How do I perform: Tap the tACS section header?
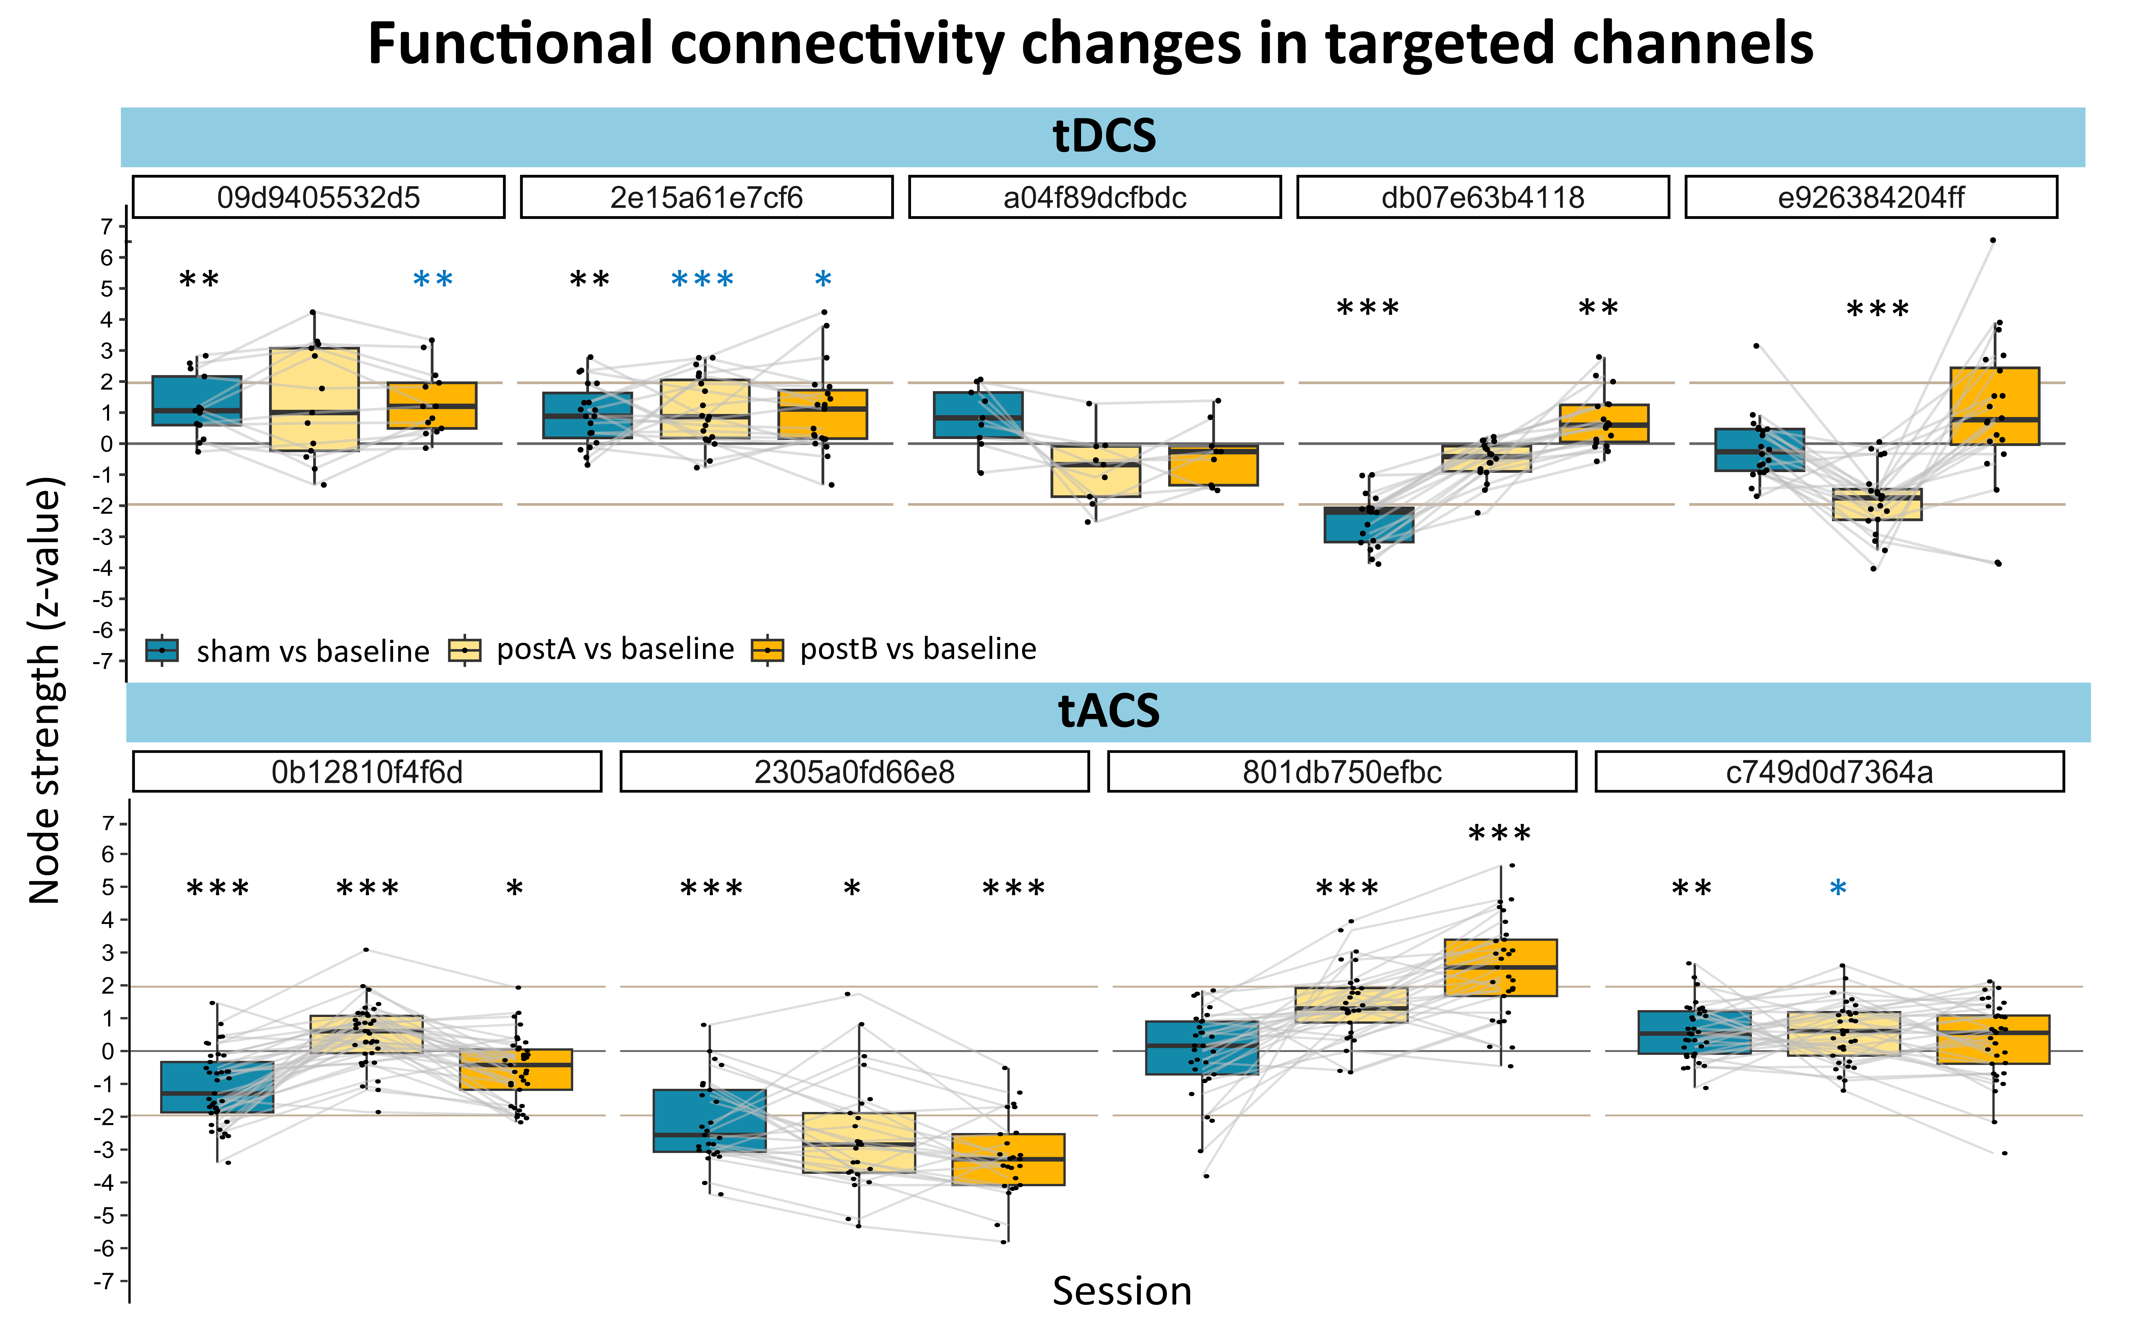[1108, 711]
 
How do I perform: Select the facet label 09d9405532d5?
[319, 197]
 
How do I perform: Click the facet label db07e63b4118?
[1483, 197]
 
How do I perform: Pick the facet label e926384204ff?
[1871, 197]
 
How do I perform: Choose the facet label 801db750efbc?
[1342, 772]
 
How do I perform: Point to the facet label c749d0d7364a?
[1829, 772]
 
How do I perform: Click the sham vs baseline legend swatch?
[162, 650]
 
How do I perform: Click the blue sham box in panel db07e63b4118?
[1370, 525]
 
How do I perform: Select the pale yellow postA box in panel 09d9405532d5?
[314, 400]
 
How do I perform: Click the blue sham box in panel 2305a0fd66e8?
[710, 1121]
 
